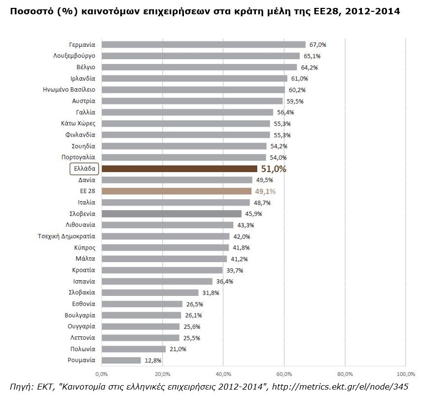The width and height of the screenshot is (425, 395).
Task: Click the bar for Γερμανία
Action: [x=203, y=44]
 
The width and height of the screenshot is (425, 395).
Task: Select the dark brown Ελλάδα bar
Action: [x=179, y=169]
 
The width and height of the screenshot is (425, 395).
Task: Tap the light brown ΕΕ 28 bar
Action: [x=176, y=191]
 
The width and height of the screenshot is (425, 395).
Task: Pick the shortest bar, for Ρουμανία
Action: [x=121, y=360]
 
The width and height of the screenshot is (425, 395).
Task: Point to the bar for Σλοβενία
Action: [x=171, y=214]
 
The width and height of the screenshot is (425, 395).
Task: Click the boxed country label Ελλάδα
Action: [x=84, y=169]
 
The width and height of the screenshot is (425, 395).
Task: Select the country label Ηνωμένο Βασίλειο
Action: [x=70, y=90]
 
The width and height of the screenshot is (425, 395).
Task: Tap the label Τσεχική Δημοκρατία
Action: [x=67, y=236]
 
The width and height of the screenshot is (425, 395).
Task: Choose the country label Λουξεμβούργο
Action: [x=74, y=56]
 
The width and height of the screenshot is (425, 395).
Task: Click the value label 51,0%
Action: [x=273, y=169]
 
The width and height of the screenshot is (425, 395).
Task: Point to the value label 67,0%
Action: [x=318, y=45]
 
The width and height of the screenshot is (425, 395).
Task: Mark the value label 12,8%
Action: [x=153, y=360]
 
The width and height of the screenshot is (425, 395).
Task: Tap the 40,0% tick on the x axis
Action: [x=223, y=373]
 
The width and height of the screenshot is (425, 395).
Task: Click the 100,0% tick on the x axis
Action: [x=405, y=373]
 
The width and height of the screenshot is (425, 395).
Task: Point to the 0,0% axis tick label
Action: [x=101, y=373]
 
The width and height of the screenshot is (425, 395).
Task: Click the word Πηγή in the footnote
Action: [x=20, y=386]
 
